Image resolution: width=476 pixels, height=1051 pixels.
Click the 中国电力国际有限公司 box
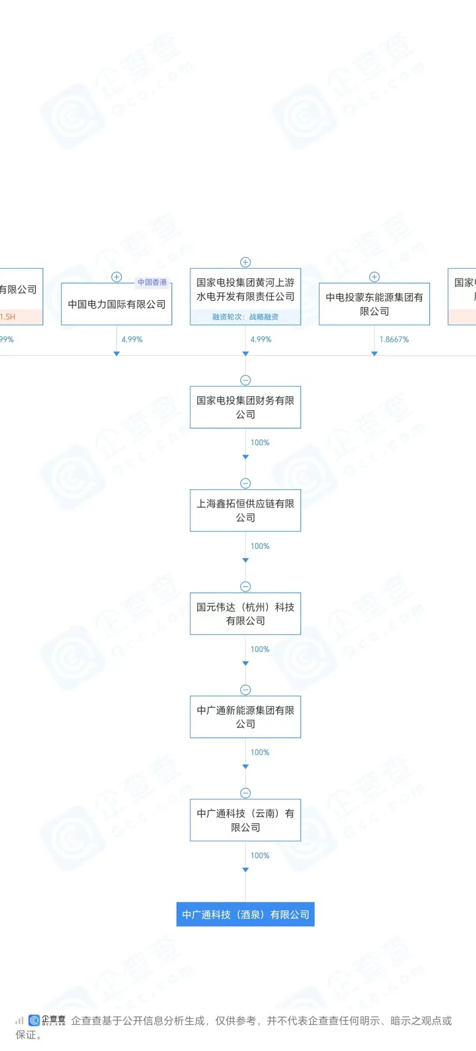(116, 304)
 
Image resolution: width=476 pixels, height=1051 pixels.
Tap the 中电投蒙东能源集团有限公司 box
(374, 304)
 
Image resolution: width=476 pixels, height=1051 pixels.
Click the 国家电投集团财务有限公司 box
(245, 407)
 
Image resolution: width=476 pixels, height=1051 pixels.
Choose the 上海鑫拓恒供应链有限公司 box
(245, 510)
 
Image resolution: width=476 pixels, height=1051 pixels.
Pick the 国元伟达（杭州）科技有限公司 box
(245, 614)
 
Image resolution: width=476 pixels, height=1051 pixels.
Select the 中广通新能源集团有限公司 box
(245, 717)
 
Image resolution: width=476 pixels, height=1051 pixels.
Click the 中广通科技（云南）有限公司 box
(245, 820)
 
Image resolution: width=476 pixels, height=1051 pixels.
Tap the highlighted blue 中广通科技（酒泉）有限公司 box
(245, 915)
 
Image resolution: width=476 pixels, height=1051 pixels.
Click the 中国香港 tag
(152, 282)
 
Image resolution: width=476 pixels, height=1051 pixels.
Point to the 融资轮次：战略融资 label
(245, 317)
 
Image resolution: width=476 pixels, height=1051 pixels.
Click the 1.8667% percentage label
(394, 339)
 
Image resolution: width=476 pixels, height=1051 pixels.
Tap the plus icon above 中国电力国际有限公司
(116, 277)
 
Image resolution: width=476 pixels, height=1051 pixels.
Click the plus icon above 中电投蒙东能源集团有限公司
(374, 277)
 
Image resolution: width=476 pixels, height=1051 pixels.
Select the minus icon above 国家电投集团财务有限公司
(245, 380)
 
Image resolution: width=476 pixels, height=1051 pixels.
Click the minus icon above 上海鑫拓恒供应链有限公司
(245, 483)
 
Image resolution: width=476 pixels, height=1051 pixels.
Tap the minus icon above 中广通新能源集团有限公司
(245, 690)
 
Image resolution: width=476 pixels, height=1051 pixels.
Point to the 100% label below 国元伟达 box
(260, 649)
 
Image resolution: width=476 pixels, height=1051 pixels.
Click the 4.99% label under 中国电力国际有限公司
(132, 339)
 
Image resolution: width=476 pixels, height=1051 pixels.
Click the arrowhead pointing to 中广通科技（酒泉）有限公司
(245, 870)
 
